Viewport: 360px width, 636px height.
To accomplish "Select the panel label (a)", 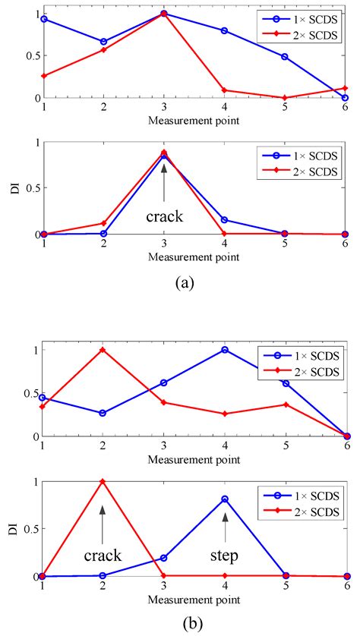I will [x=182, y=282].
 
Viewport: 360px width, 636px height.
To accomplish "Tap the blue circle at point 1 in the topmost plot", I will [x=44, y=18].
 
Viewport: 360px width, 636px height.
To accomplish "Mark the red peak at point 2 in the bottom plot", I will [x=103, y=481].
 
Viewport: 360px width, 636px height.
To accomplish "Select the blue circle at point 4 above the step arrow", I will [x=224, y=499].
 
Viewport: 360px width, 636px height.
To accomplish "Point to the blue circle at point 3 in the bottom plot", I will [x=163, y=558].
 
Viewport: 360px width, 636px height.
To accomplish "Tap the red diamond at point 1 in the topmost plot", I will [x=44, y=76].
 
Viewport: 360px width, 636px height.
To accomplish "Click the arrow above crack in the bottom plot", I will [x=103, y=520].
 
